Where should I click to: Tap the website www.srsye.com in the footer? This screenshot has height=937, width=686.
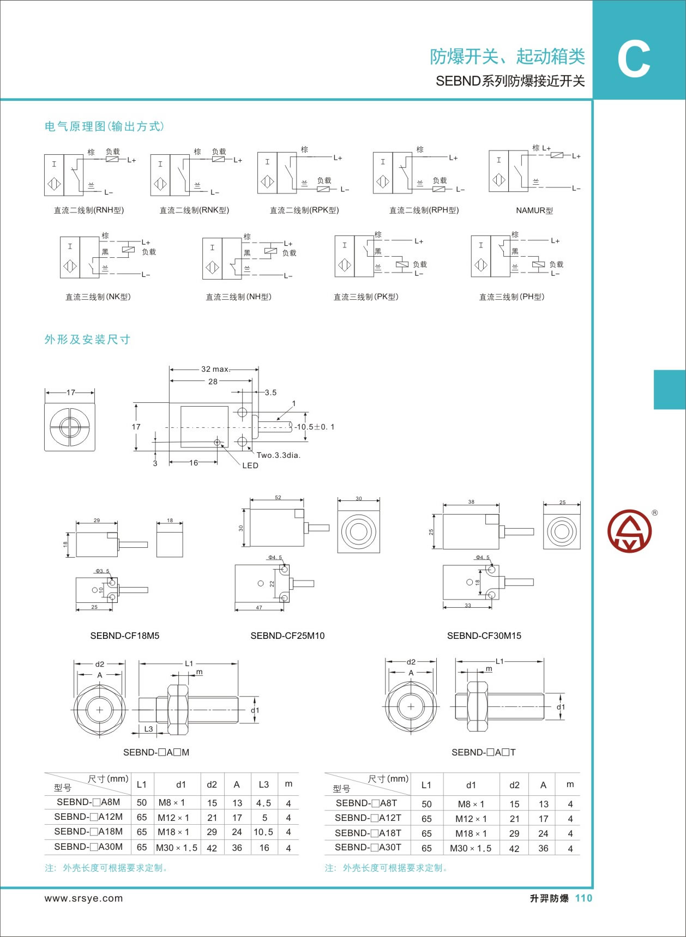tap(83, 898)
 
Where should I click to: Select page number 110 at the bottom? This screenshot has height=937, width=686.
tap(583, 898)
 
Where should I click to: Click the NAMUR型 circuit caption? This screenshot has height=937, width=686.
tap(534, 210)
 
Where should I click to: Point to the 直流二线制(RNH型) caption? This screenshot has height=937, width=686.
tap(89, 210)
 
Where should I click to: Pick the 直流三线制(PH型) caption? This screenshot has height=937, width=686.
tap(512, 297)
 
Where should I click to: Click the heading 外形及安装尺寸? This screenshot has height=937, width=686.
tap(87, 340)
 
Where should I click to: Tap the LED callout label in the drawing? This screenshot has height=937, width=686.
tap(250, 466)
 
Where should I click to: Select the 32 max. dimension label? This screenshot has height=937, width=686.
tap(215, 369)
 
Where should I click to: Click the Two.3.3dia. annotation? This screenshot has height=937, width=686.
tap(279, 455)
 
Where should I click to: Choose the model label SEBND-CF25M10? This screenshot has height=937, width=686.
tap(287, 636)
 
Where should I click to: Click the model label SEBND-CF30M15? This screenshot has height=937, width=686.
tap(484, 636)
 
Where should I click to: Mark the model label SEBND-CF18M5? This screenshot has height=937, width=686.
tap(125, 636)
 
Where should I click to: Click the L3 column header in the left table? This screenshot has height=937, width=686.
tap(264, 784)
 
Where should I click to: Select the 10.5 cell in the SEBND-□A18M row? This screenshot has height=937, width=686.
tap(263, 832)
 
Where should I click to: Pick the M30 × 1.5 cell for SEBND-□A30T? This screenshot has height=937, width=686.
tap(471, 848)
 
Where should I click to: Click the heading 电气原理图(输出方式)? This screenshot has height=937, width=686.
tap(104, 126)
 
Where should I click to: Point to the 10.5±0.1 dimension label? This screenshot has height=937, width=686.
tap(315, 427)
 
